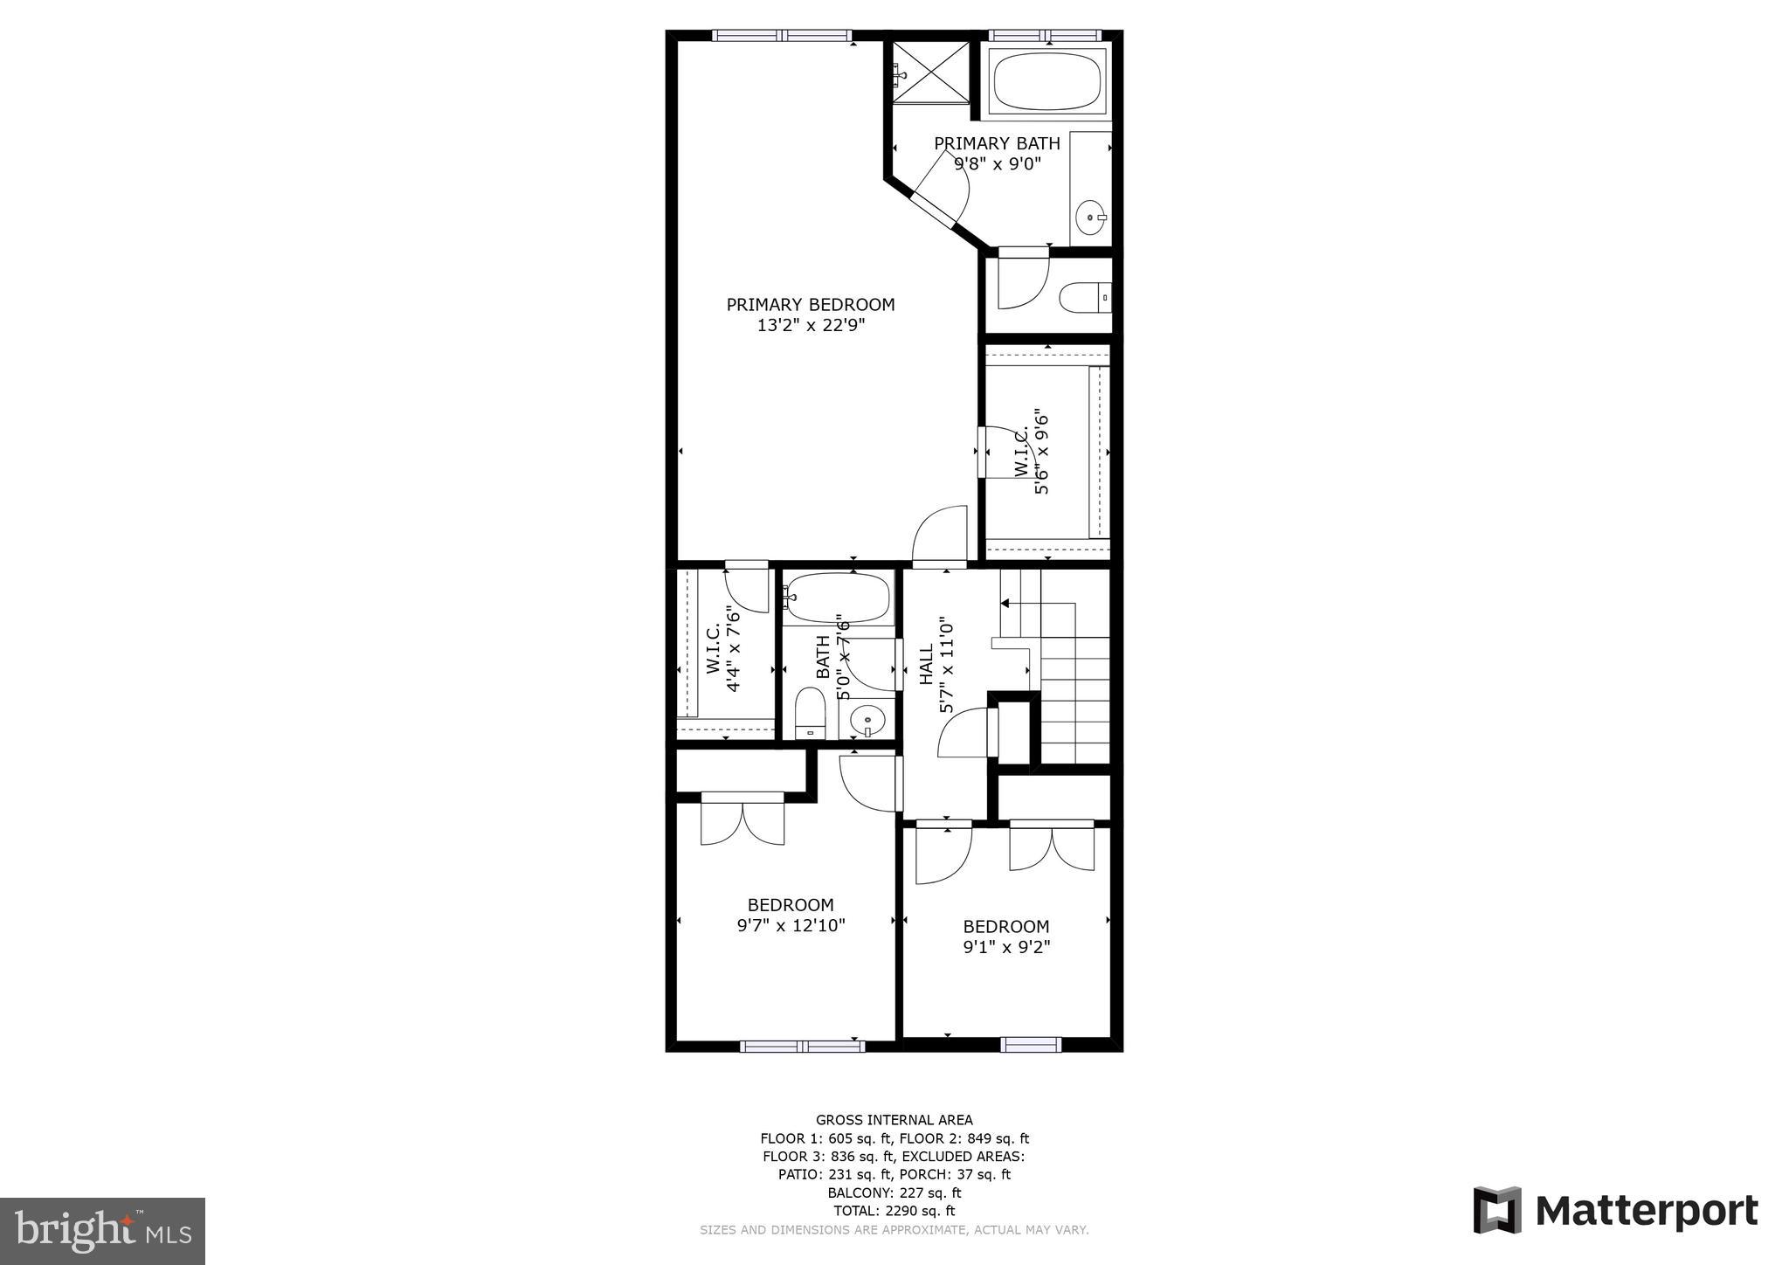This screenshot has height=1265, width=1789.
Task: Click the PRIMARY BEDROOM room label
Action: (811, 305)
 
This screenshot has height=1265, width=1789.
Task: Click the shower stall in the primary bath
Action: (930, 72)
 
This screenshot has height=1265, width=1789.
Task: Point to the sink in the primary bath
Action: (1090, 218)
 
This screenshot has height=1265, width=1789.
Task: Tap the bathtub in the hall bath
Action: (837, 598)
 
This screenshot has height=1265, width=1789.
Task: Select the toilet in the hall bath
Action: (811, 713)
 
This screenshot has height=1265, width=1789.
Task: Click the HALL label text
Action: (927, 664)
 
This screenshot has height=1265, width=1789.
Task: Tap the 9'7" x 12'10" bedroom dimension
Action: (791, 925)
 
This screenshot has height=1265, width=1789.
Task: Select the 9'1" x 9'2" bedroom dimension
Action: (1006, 946)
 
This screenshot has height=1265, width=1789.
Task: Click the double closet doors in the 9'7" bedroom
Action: (743, 820)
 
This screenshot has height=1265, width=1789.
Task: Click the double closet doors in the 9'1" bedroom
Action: (1052, 847)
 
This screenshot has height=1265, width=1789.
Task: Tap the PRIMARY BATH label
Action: (997, 143)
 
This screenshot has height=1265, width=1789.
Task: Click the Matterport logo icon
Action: (1497, 1210)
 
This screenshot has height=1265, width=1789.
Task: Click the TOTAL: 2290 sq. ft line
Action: (894, 1211)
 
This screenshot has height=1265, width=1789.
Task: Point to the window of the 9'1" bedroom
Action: (1031, 1044)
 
